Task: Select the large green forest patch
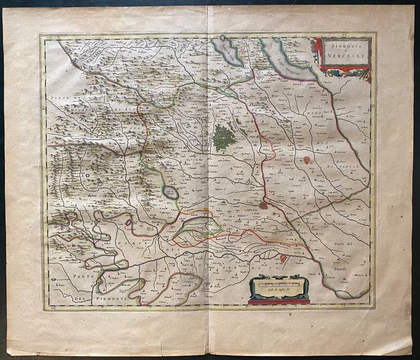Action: pyautogui.click(x=225, y=137)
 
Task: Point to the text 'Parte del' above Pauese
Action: pyautogui.click(x=345, y=244)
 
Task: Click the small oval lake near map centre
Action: pyautogui.click(x=171, y=193)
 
